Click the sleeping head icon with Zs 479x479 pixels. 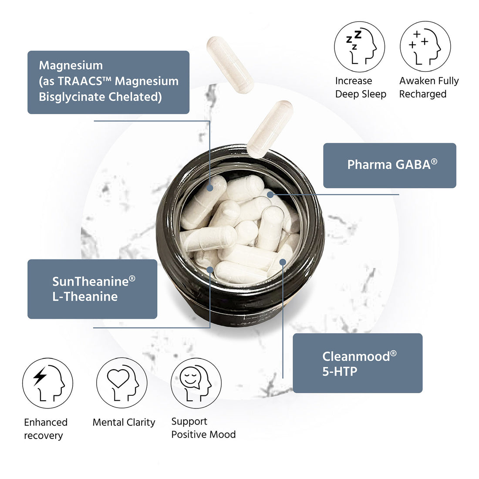click(360, 47)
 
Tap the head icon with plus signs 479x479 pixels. click(425, 47)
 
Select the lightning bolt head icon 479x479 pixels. click(47, 383)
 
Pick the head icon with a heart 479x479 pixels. click(121, 383)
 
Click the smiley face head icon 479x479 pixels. click(196, 383)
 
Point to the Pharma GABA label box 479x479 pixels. click(389, 165)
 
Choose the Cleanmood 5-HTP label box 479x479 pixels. click(358, 363)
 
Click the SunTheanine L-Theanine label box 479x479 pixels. click(92, 289)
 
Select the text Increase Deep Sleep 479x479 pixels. click(361, 88)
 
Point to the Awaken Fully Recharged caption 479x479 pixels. click(429, 88)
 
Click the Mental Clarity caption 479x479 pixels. click(124, 422)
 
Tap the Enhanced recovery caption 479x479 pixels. click(46, 429)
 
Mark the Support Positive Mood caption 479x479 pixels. click(203, 428)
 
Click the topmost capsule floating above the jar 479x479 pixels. click(230, 65)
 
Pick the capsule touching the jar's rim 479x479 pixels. click(270, 129)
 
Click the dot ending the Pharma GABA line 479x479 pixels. click(270, 194)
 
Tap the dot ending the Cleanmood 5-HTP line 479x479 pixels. click(283, 262)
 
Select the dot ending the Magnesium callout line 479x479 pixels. click(210, 188)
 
